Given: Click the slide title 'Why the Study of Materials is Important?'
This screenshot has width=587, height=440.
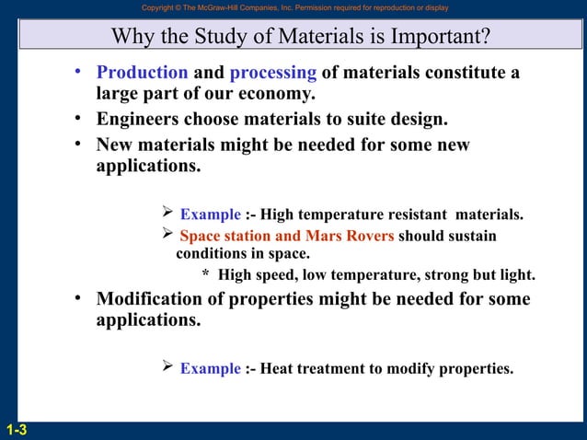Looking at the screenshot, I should click(x=299, y=37).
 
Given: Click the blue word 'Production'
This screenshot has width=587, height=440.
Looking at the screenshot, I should click(x=143, y=73).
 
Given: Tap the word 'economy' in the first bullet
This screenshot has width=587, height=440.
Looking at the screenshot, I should click(x=280, y=94).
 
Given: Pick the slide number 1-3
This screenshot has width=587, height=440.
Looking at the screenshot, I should click(x=16, y=429).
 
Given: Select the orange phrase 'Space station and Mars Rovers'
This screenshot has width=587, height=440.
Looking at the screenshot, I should click(x=286, y=236).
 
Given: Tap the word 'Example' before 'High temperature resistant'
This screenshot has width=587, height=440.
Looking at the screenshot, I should click(x=210, y=214).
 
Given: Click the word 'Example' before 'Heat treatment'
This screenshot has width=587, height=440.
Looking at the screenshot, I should click(x=210, y=368).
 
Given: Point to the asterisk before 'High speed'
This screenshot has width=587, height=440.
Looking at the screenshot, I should click(x=206, y=274).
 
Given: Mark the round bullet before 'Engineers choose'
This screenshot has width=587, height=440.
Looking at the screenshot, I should click(x=81, y=120).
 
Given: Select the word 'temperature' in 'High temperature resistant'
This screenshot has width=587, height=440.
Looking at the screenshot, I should click(x=340, y=214).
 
